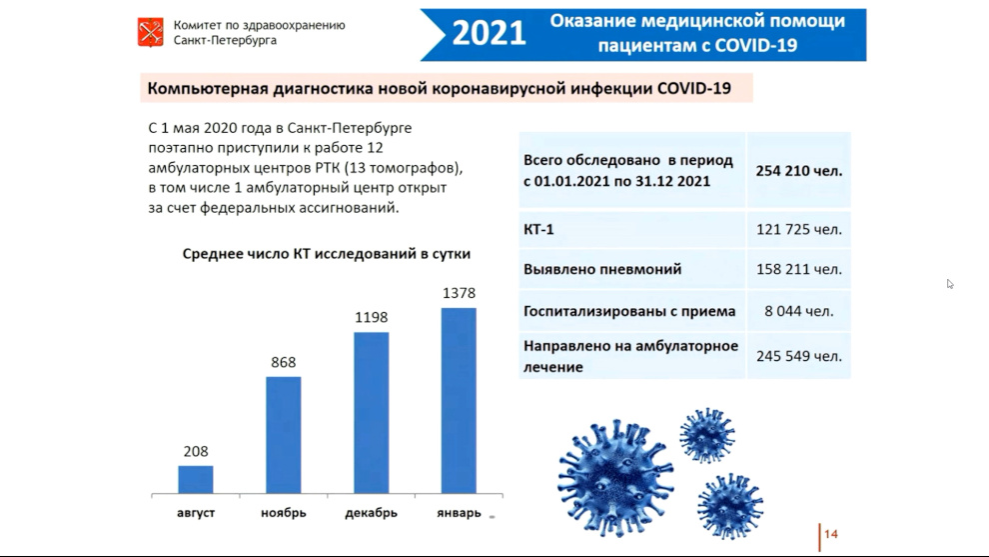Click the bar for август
[x=196, y=479]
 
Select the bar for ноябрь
[x=283, y=435]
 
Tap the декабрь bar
[x=371, y=413]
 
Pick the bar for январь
[x=459, y=400]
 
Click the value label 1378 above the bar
[x=459, y=293]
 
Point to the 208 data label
[x=196, y=452]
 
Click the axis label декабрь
[x=371, y=513]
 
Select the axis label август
[x=196, y=513]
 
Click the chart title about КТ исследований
[x=326, y=254]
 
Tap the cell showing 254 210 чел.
[x=799, y=171]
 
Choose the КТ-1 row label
[x=538, y=229]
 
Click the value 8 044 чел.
[x=799, y=311]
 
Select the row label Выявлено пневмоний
[x=602, y=270]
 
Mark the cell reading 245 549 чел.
[x=799, y=356]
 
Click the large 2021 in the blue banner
[x=489, y=33]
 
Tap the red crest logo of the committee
[x=151, y=32]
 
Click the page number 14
[x=831, y=534]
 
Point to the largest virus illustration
[x=615, y=478]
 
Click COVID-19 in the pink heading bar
[x=694, y=88]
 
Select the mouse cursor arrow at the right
[x=950, y=284]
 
